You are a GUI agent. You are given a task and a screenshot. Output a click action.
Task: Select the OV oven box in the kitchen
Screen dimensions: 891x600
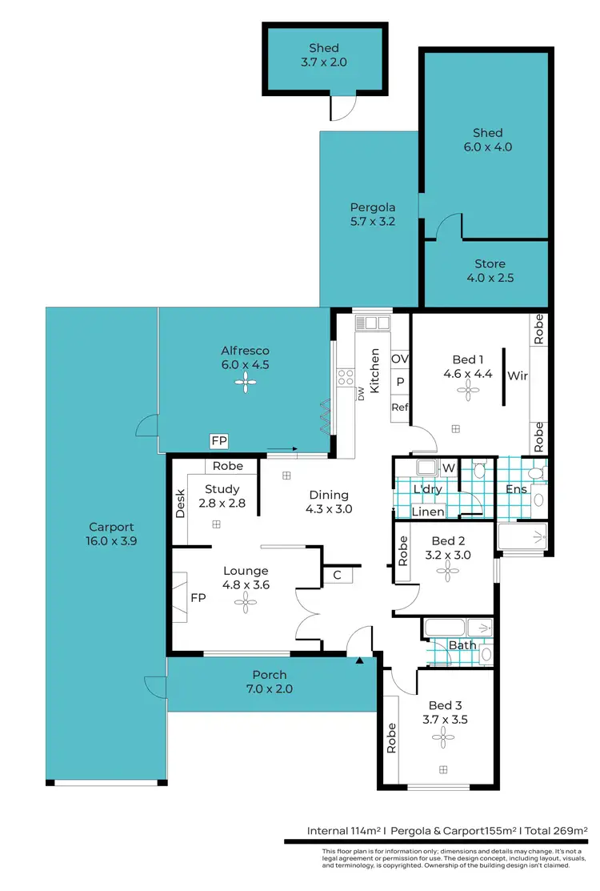point(400,359)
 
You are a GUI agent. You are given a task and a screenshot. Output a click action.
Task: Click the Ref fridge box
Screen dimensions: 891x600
point(400,407)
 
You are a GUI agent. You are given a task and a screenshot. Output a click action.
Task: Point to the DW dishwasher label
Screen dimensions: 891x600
point(361,393)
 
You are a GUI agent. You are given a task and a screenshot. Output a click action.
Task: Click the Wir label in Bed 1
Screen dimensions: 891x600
point(518,375)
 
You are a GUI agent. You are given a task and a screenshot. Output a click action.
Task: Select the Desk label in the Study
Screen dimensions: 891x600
point(180,503)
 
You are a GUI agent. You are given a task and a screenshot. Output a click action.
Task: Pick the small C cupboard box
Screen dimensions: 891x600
point(338,574)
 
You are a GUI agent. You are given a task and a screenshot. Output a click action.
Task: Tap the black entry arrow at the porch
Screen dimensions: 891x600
point(359,660)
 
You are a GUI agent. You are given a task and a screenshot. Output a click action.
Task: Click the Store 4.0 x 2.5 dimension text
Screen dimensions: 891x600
point(490,279)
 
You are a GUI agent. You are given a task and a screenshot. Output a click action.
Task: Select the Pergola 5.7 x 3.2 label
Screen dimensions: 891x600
point(368,221)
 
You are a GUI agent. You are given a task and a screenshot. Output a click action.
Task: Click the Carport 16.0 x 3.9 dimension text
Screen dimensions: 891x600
point(111,542)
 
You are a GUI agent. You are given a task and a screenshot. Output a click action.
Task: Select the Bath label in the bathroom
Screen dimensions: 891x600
point(462,645)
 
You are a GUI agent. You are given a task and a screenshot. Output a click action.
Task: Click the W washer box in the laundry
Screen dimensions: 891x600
point(448,468)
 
